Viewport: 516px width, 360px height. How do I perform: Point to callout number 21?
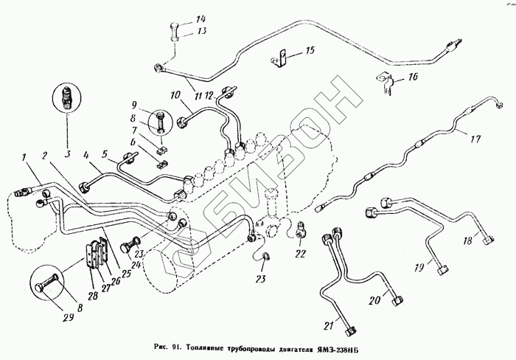[328, 325]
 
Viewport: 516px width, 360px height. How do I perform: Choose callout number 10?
[175, 94]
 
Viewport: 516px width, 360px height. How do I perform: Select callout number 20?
[373, 300]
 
